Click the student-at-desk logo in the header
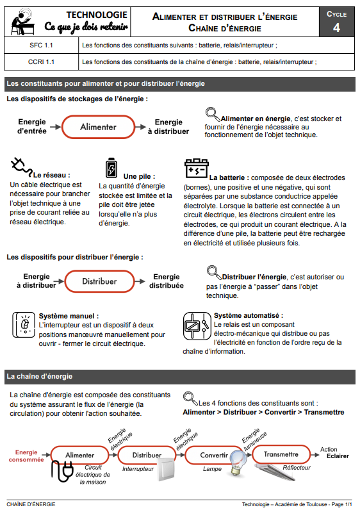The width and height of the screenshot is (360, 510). pyautogui.click(x=23, y=22)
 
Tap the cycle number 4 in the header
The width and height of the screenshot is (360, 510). pyautogui.click(x=336, y=28)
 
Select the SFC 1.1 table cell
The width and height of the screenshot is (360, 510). pyautogui.click(x=41, y=45)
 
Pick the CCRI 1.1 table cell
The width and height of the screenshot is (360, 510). pyautogui.click(x=41, y=62)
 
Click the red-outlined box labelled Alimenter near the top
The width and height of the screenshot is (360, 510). pyautogui.click(x=98, y=127)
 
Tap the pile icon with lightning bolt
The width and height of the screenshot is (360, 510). pyautogui.click(x=111, y=168)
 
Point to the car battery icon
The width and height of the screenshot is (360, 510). pyautogui.click(x=197, y=168)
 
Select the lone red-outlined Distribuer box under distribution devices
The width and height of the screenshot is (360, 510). pyautogui.click(x=99, y=281)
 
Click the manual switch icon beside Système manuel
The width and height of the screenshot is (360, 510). pyautogui.click(x=24, y=325)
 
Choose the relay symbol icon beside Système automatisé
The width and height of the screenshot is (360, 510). pyautogui.click(x=197, y=326)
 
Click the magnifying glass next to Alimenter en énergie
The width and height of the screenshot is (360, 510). pyautogui.click(x=213, y=114)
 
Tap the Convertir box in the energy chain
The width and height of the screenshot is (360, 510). pyautogui.click(x=214, y=455)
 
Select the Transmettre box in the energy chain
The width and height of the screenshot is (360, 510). pyautogui.click(x=281, y=454)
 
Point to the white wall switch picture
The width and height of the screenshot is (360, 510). pyautogui.click(x=167, y=469)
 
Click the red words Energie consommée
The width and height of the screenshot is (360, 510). pyautogui.click(x=26, y=456)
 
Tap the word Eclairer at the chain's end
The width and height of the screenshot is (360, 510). pyautogui.click(x=338, y=456)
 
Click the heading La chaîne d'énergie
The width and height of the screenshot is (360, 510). pyautogui.click(x=39, y=376)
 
